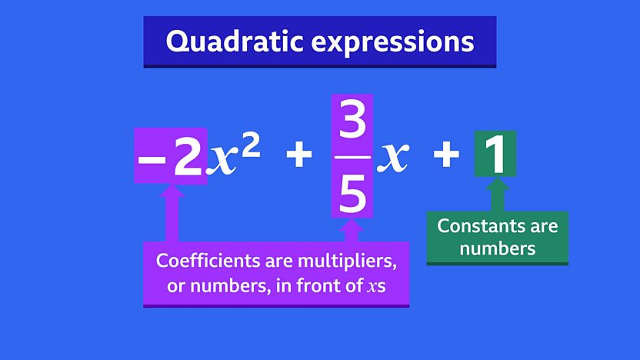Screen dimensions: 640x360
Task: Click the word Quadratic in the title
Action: click(x=235, y=42)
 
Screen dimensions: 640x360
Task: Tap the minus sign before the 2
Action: click(x=152, y=158)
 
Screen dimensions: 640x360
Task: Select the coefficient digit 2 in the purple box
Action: click(x=188, y=156)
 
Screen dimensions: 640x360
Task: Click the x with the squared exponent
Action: click(x=222, y=161)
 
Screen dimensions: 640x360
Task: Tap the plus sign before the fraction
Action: click(x=298, y=155)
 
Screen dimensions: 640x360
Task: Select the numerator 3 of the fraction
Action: click(x=352, y=120)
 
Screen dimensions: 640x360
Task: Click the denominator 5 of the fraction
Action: click(x=352, y=192)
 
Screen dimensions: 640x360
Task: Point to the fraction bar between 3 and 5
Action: click(x=352, y=157)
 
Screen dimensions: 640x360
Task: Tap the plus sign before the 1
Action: click(x=446, y=155)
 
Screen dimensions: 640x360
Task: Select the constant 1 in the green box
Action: click(x=495, y=155)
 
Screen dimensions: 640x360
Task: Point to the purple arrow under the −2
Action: click(x=172, y=213)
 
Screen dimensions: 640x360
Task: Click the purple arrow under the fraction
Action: click(x=352, y=231)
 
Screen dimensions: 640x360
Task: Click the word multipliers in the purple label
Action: click(x=347, y=262)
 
